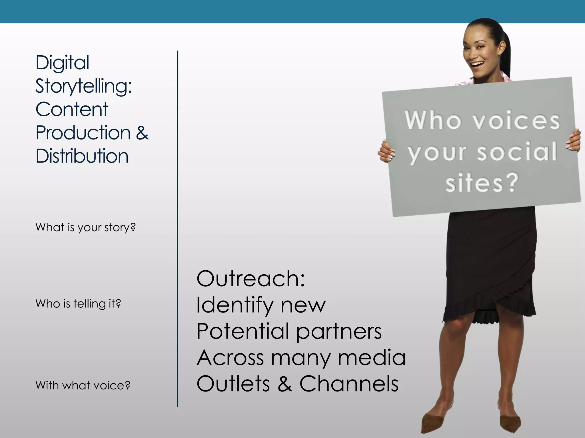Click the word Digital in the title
coord(62,63)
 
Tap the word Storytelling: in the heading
coord(83,86)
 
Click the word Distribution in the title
coord(82,156)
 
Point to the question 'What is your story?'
coord(85,228)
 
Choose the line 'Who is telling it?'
coord(78,304)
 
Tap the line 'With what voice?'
coord(83,386)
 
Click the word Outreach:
coord(251,279)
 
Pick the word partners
coord(339,332)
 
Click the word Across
coord(230,358)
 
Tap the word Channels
coord(349,384)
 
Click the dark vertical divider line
coord(177,228)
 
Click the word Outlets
coord(233,384)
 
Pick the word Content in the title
coord(72,109)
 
